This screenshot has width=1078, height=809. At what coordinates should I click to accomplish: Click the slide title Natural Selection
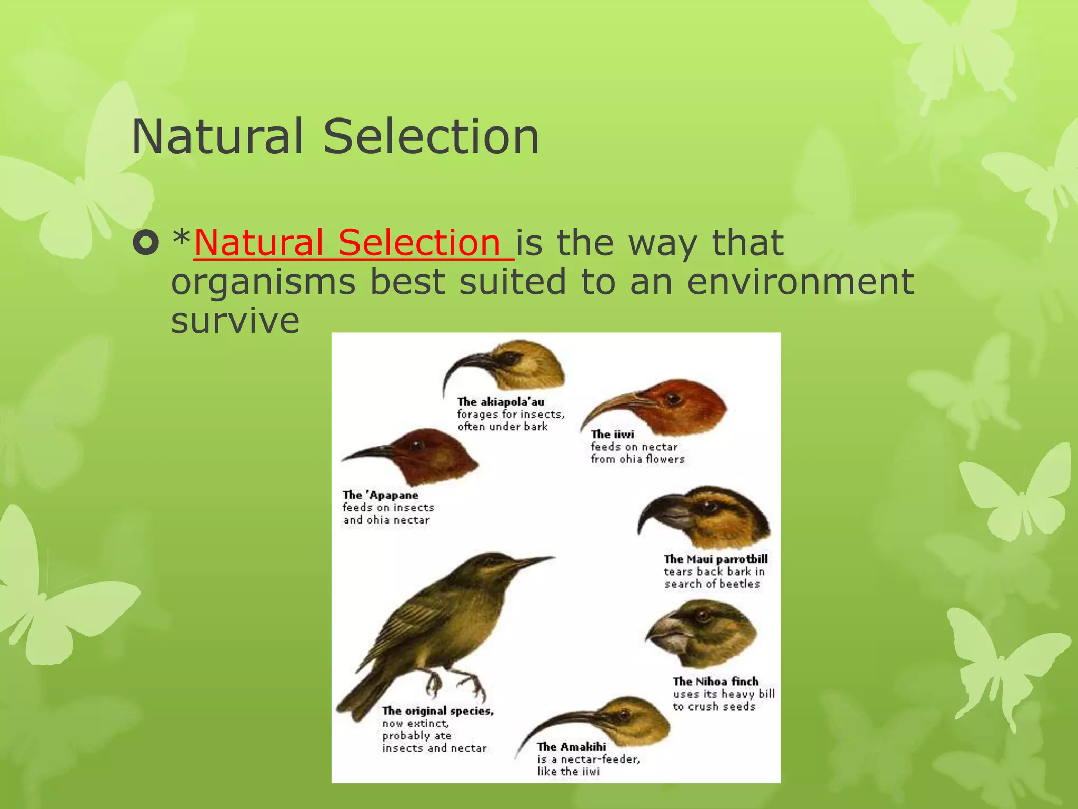click(335, 136)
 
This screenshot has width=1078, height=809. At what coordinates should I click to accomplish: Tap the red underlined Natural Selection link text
click(354, 243)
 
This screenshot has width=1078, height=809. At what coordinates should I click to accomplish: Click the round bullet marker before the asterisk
click(145, 243)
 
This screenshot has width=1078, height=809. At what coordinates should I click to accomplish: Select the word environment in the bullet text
click(800, 281)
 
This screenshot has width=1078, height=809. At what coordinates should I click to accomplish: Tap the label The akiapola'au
click(501, 402)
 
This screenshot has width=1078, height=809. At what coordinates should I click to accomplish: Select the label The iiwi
click(612, 435)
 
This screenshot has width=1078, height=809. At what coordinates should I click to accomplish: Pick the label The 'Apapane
click(381, 495)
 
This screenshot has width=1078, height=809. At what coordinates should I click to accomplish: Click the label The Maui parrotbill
click(715, 559)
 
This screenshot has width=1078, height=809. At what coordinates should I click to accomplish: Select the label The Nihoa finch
click(715, 682)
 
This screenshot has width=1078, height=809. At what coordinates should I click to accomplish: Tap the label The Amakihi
click(571, 747)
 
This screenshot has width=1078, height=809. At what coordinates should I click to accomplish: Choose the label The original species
click(437, 711)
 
